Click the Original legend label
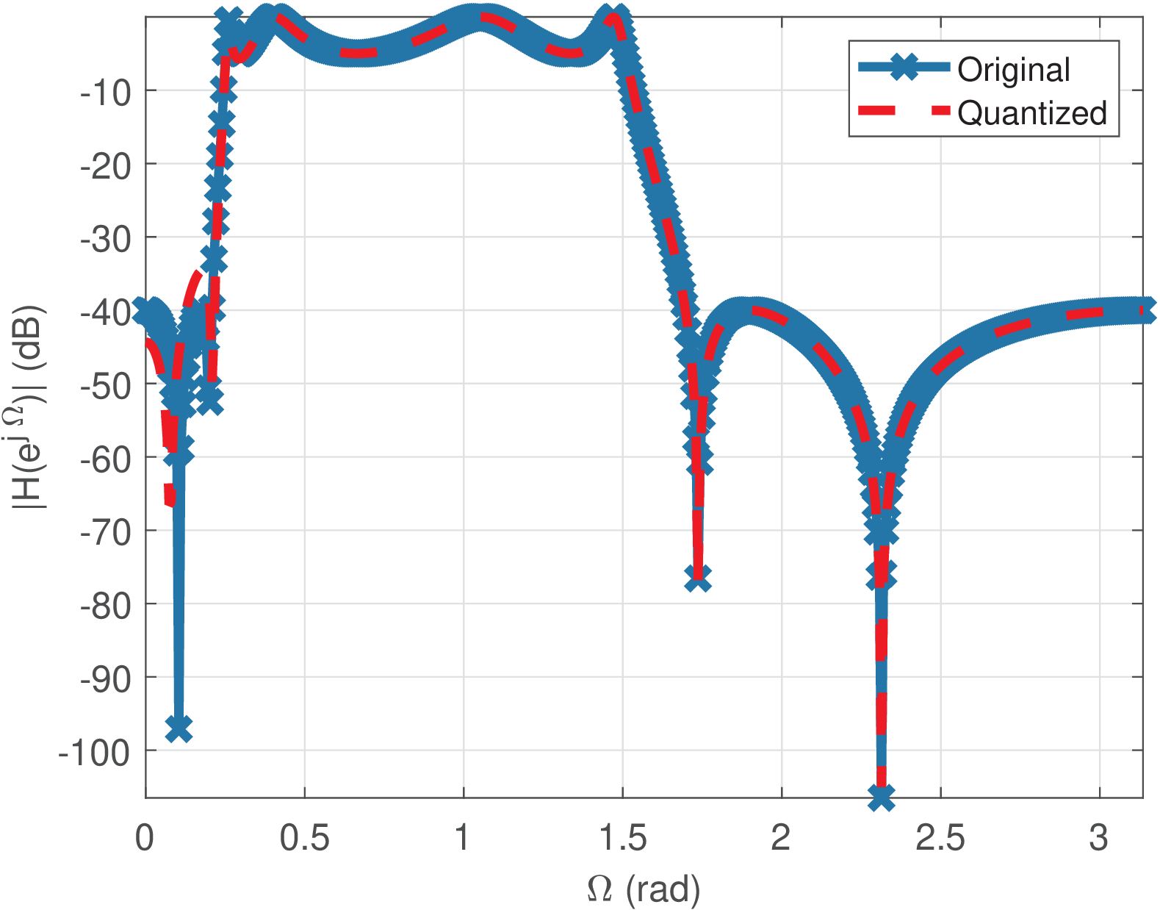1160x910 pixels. (1013, 70)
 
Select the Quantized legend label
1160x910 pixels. (1031, 113)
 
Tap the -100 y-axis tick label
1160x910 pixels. (93, 752)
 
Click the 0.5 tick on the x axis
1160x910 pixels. (304, 837)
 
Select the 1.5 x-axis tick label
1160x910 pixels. (622, 837)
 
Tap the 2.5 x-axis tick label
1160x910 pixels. (940, 837)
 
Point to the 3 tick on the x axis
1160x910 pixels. (1099, 837)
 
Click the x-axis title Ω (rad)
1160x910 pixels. (644, 889)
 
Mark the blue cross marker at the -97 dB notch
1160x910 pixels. (179, 728)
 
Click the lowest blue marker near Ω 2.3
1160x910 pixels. (881, 797)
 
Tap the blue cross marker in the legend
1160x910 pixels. (907, 68)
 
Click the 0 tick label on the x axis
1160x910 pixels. (145, 837)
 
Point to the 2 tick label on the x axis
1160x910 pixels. (780, 837)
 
